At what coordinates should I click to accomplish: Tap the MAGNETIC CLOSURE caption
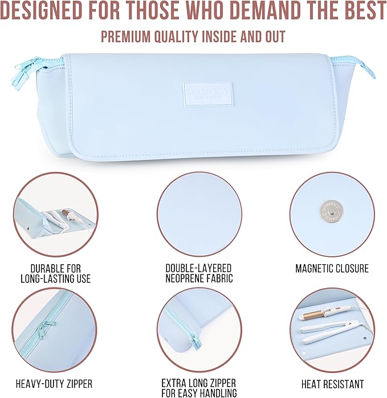(332, 268)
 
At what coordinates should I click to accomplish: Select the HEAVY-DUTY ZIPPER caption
(54, 384)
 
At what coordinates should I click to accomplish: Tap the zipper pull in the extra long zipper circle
(194, 340)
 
